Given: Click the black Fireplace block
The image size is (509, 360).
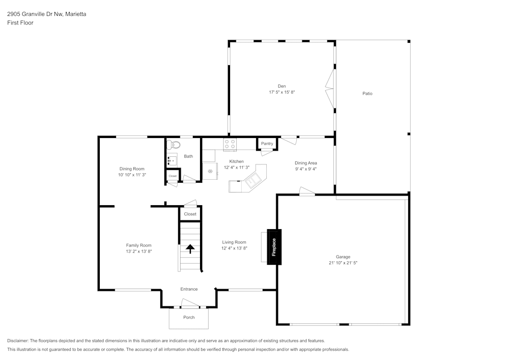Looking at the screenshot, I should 274,247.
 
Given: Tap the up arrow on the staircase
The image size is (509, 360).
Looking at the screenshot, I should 190,249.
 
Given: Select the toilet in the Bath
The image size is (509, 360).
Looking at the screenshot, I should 173,145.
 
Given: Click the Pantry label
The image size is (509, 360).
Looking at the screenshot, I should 267,144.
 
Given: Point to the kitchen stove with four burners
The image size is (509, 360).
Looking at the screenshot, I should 230,145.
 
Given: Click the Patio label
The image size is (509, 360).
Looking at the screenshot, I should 367,94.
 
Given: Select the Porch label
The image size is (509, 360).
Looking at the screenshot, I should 189,317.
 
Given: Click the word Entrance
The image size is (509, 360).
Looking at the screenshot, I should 189,289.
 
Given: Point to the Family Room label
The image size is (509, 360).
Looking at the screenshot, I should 139,245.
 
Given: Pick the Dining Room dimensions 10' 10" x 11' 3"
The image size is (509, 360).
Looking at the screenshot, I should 132,175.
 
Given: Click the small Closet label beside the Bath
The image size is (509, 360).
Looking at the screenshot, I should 173,176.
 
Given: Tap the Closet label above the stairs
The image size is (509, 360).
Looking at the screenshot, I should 190,214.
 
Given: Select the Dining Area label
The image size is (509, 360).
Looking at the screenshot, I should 305,163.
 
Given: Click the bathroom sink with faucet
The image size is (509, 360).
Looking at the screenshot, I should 172,160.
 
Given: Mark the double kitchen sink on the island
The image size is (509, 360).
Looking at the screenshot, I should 253,180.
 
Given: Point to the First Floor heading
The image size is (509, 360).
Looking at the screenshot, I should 20,23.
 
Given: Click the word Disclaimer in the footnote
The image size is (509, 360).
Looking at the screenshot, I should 18,341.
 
